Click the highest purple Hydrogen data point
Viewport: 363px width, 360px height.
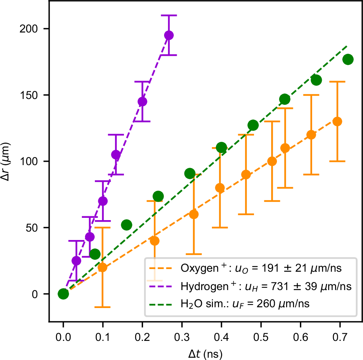(169, 35)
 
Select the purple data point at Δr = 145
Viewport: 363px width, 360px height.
(142, 102)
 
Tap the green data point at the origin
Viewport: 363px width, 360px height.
(63, 294)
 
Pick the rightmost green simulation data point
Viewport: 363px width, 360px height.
(348, 59)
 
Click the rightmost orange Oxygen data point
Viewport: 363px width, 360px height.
(337, 122)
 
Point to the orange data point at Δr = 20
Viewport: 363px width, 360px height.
(103, 268)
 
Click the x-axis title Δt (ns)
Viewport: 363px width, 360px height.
(205, 353)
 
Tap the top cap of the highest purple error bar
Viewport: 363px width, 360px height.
(169, 15)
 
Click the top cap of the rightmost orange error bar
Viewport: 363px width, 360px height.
(337, 82)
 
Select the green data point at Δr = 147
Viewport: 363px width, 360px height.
(285, 99)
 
